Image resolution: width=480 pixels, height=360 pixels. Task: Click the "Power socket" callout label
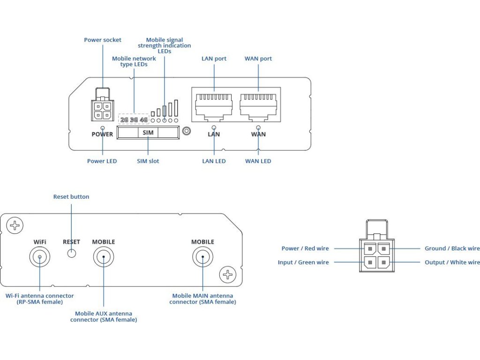point(103,40)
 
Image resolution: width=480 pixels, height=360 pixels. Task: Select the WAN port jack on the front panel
point(258,104)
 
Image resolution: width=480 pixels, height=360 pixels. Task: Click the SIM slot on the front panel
point(148,133)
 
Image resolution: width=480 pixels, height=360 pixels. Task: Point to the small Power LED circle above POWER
point(103,127)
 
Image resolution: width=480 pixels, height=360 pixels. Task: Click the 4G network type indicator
point(143,120)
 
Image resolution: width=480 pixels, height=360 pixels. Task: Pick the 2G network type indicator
point(124,120)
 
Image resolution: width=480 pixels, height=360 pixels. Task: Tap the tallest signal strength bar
point(176,108)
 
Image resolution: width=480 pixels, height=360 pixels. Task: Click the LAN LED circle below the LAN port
point(214,127)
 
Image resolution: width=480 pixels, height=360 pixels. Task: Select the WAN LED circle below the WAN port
point(258,127)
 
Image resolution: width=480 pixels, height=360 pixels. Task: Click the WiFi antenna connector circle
point(39,257)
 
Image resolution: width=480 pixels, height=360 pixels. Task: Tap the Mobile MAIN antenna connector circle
point(202,257)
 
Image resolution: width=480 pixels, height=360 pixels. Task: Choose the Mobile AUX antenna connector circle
point(103,257)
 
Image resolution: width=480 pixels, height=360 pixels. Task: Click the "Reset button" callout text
point(71,197)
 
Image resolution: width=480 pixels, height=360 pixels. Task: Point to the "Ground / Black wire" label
point(452,248)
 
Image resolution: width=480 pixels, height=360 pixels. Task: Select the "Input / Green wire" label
point(303,262)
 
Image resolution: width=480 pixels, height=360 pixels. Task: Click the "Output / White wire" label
point(452,262)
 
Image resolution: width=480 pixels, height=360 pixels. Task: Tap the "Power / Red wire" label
point(305,248)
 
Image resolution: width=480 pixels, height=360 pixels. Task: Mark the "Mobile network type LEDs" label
point(134,61)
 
